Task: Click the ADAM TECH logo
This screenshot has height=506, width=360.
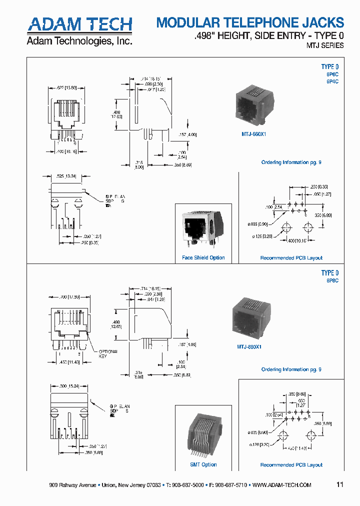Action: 79,24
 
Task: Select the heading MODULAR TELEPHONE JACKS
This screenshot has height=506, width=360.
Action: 250,22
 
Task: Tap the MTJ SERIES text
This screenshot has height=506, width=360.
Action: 324,45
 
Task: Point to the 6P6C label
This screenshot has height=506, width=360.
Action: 332,74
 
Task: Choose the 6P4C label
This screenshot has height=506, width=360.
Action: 332,81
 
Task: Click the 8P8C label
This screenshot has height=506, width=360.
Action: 332,281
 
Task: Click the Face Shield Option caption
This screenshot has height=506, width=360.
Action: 203,258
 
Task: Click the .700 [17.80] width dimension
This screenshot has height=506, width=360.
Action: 70,297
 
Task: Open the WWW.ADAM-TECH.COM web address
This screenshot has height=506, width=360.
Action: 282,485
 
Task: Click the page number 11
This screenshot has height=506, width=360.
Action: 340,484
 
